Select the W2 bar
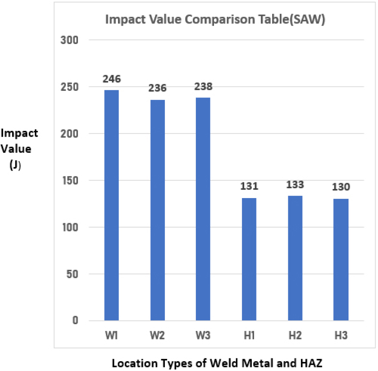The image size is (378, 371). tap(157, 210)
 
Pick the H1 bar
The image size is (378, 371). tap(249, 259)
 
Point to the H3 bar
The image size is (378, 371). tap(341, 259)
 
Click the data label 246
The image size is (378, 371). tap(111, 79)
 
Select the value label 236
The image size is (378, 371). tap(157, 88)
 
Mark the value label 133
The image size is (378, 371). tap(295, 185)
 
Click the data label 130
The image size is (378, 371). tap(341, 187)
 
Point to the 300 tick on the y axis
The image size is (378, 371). tap(71, 40)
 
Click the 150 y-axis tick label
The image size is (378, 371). tap(71, 180)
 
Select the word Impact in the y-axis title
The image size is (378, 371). tap(19, 133)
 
